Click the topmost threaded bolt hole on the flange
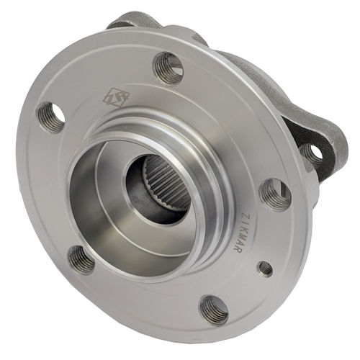[x=168, y=68]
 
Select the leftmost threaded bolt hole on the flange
[x=51, y=117]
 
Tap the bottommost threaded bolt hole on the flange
[x=214, y=310]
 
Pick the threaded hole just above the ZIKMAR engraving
[x=276, y=194]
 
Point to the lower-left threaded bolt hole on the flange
[x=81, y=259]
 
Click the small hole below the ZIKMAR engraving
[x=265, y=269]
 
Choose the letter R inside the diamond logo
[x=117, y=97]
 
